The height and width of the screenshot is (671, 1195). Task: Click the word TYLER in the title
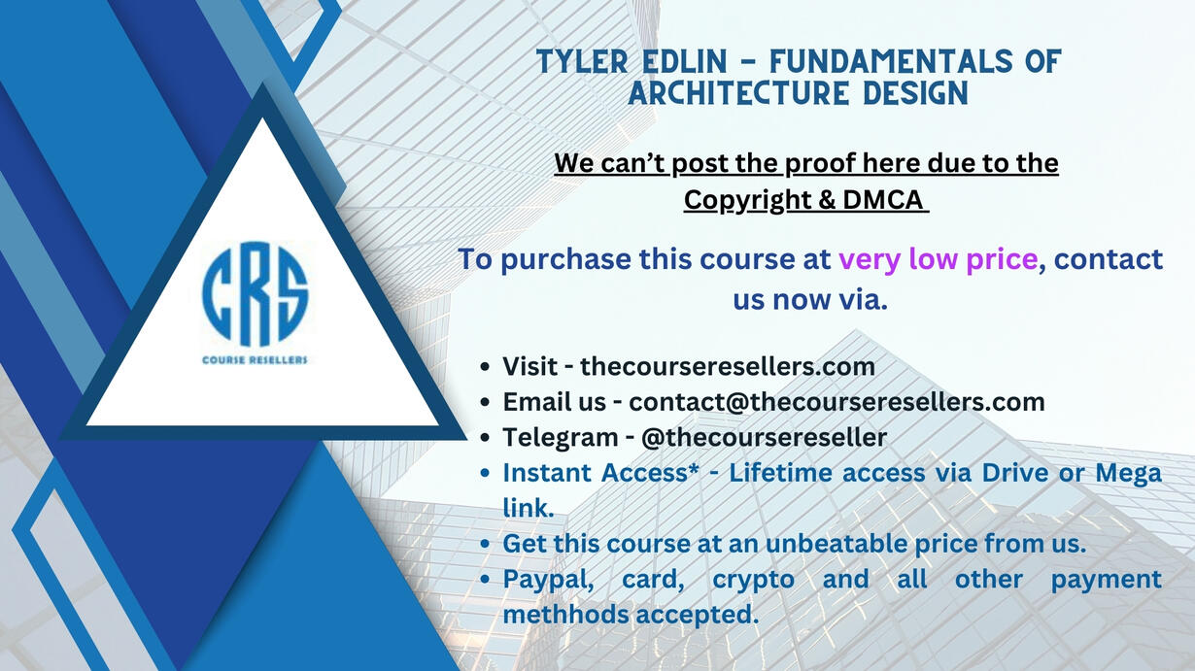click(582, 61)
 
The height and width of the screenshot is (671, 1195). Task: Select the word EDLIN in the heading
click(685, 61)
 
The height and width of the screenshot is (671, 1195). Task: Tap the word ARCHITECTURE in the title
click(739, 93)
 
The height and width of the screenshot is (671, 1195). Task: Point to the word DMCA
click(883, 199)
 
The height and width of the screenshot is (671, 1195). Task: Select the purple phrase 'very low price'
click(939, 260)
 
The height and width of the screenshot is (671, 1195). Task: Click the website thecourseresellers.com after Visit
click(728, 366)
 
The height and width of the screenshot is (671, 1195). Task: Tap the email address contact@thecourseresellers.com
click(836, 402)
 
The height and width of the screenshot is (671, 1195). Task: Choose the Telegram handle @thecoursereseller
click(764, 437)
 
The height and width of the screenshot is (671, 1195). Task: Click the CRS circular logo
click(255, 294)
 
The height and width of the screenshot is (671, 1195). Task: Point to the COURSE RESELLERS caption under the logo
click(255, 360)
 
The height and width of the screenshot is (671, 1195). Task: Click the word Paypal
click(548, 580)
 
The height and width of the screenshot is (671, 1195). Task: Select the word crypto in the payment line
click(754, 581)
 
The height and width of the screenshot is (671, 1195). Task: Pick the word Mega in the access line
click(1128, 474)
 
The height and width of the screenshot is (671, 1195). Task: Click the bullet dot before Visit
click(485, 367)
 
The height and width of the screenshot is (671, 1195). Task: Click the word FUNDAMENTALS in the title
click(890, 61)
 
